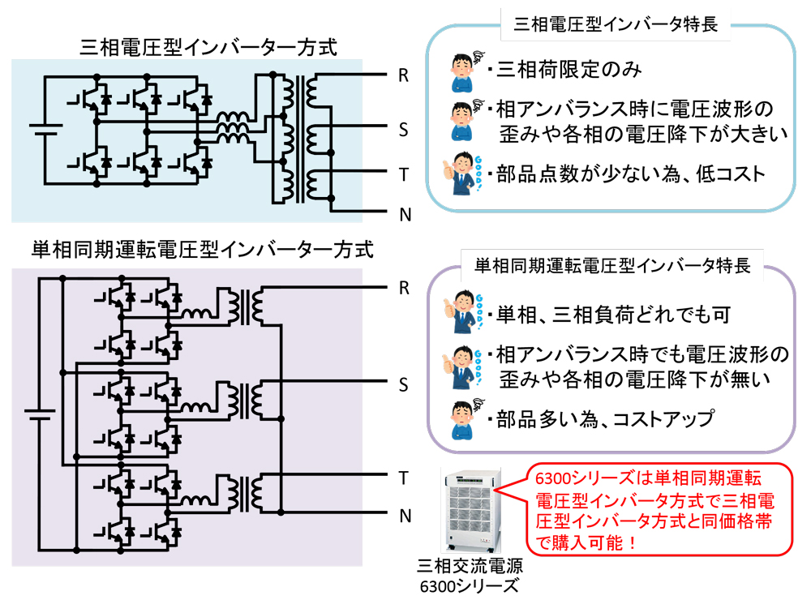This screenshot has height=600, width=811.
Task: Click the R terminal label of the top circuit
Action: [x=403, y=76]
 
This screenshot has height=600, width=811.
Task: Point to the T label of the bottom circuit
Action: [x=403, y=478]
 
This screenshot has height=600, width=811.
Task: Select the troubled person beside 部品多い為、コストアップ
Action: [x=465, y=418]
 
